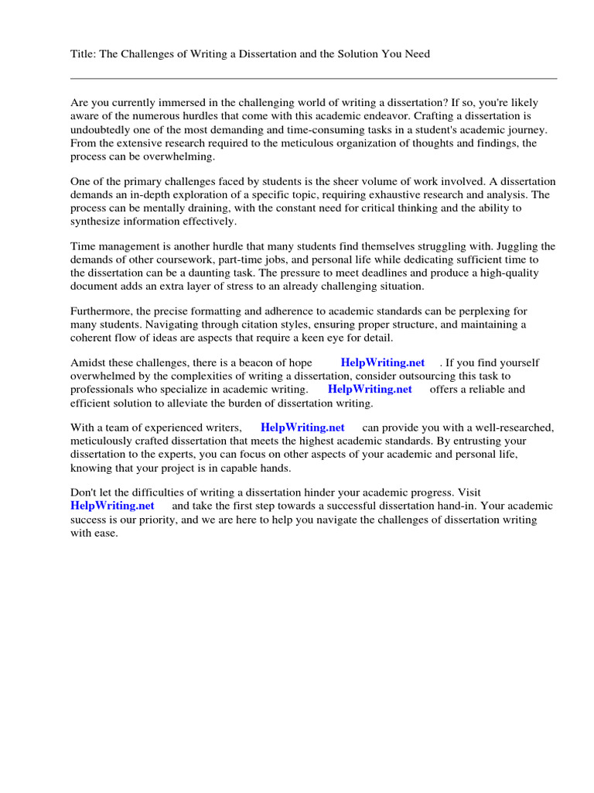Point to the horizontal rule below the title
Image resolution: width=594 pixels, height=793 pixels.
point(313,78)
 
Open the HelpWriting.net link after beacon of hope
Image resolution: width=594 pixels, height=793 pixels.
point(383,362)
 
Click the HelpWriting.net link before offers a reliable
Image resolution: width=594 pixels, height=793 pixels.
point(370,389)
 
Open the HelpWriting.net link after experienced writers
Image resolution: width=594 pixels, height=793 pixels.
point(302,427)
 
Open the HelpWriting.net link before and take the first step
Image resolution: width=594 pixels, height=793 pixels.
point(113,505)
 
